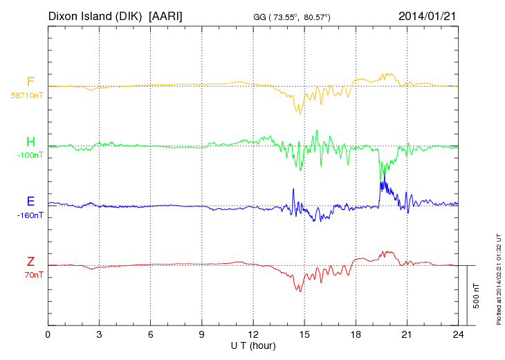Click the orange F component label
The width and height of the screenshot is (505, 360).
tap(30, 82)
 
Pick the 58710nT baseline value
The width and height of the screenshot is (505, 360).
tap(27, 96)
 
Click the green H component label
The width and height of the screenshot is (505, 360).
tap(30, 142)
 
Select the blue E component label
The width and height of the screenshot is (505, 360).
tap(30, 201)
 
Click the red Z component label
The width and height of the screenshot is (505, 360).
tap(30, 261)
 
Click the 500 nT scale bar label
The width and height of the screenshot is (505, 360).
tap(477, 296)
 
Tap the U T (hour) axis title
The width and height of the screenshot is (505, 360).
tap(253, 345)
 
